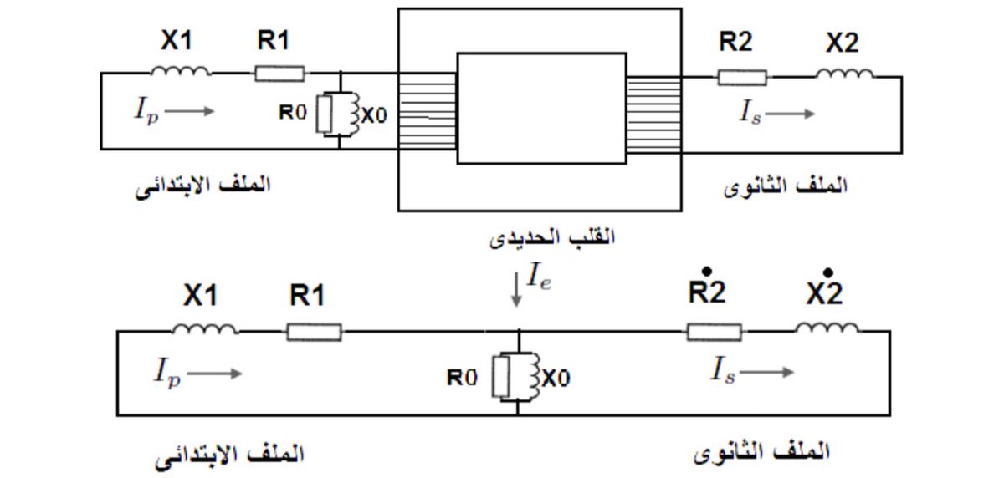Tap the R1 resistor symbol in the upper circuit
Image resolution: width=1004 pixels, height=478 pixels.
[279, 74]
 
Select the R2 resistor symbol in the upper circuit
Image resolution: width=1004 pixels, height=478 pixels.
[741, 78]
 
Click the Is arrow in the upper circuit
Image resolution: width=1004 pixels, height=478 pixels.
[790, 114]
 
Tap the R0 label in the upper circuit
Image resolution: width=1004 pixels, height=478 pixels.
[293, 114]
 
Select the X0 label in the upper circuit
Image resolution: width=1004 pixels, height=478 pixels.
[374, 116]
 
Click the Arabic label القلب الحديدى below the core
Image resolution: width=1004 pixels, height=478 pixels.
[551, 236]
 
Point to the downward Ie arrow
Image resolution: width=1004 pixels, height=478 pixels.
[516, 293]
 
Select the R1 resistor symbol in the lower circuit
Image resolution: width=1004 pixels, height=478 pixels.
[314, 333]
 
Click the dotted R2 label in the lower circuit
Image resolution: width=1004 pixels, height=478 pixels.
[707, 290]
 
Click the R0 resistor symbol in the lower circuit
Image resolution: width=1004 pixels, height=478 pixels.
[500, 378]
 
